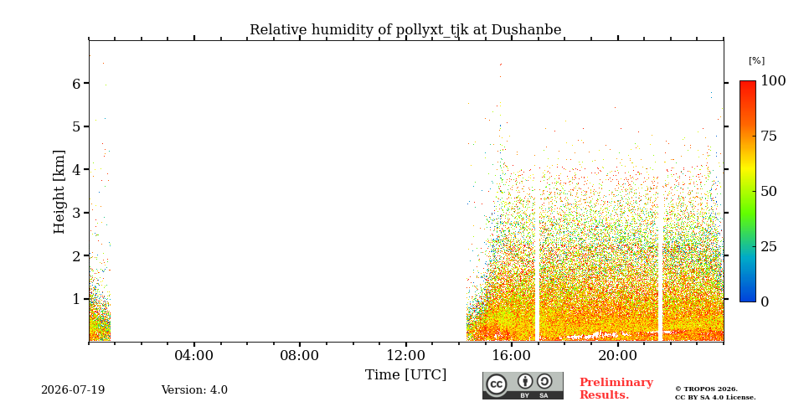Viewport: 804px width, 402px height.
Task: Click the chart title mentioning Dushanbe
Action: [x=405, y=30]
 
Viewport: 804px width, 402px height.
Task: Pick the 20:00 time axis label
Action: [x=617, y=355]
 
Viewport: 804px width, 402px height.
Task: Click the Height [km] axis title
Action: [x=59, y=192]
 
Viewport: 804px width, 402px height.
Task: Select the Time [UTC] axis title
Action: [x=405, y=375]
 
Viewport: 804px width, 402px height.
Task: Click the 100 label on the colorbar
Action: [x=773, y=80]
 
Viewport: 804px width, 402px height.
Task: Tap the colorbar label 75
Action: [x=769, y=136]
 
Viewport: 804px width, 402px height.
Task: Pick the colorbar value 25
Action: [x=769, y=246]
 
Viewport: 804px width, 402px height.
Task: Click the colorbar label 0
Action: [x=765, y=302]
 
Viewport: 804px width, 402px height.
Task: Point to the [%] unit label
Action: [x=756, y=61]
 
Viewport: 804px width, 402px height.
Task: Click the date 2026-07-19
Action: [x=73, y=390]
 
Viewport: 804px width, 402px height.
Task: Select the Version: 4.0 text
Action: [x=194, y=390]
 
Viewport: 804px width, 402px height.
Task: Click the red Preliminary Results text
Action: [x=616, y=389]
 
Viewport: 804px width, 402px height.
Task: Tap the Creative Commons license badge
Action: [x=523, y=385]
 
